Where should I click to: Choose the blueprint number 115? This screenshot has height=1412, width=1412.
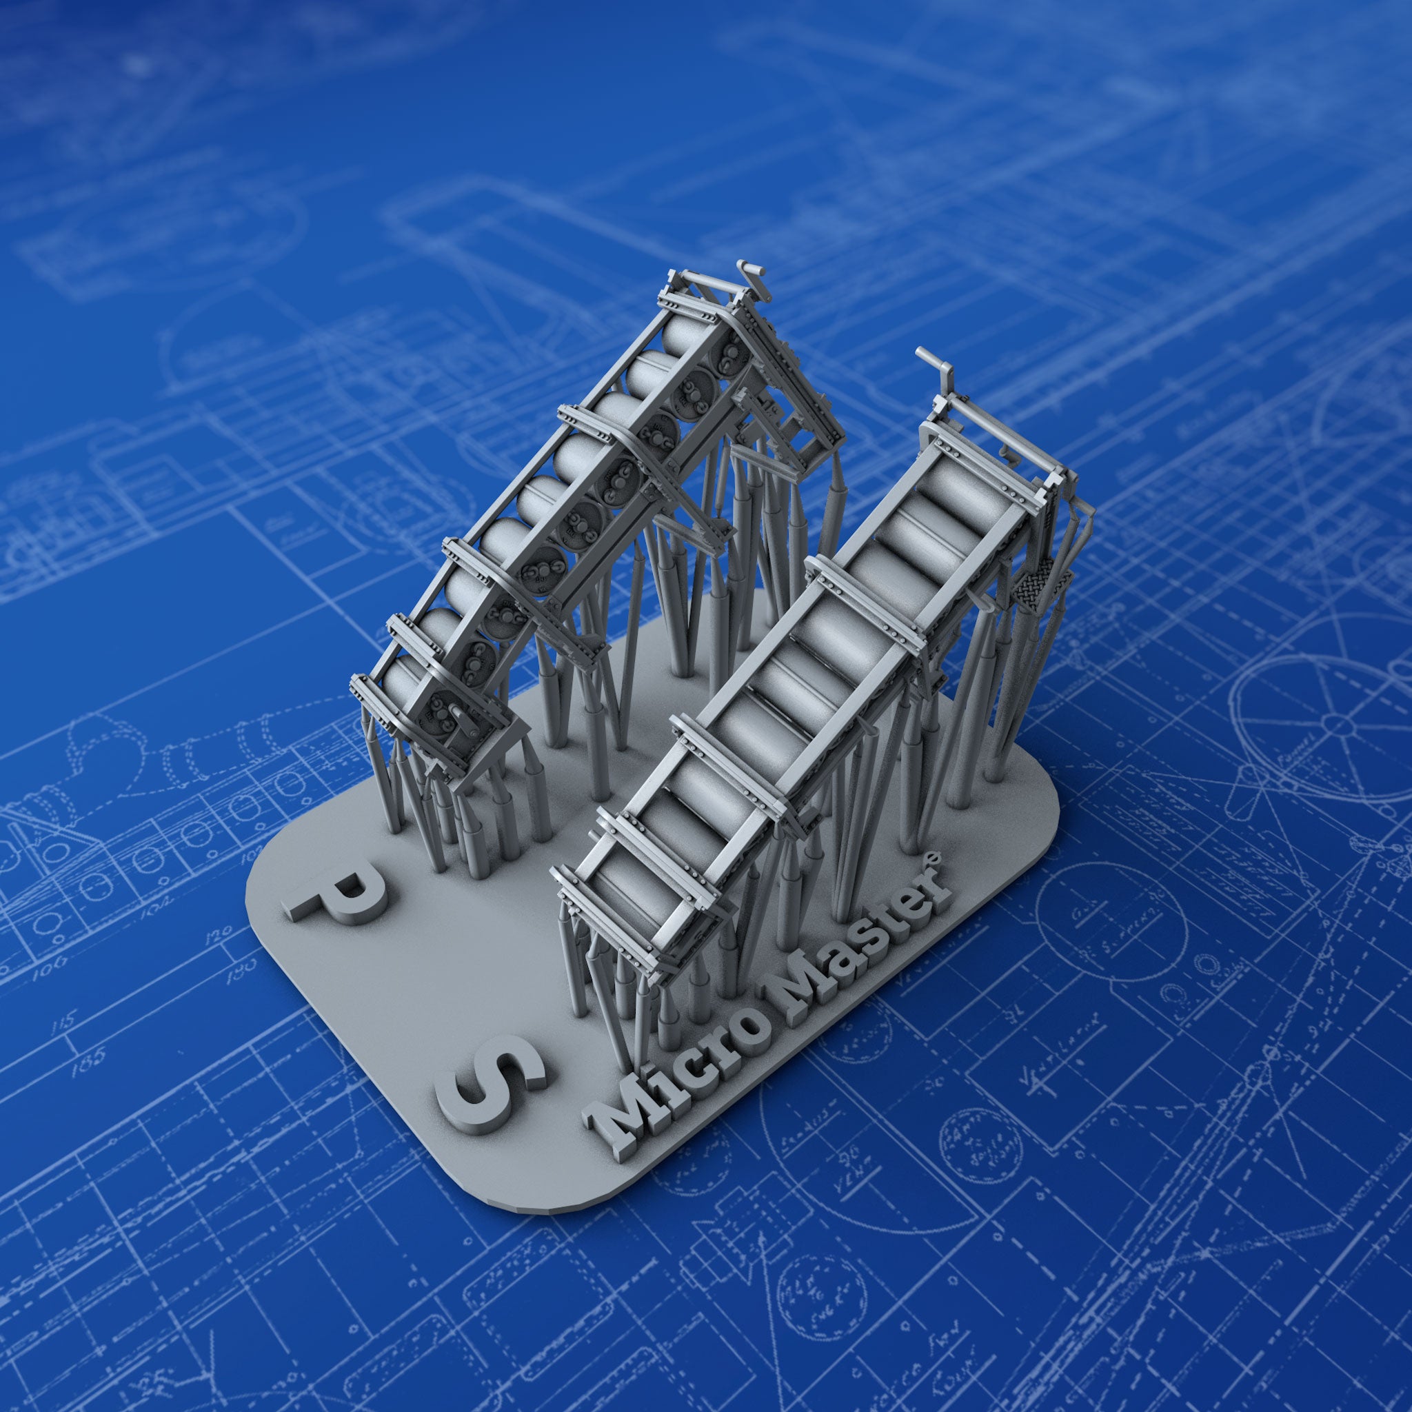point(70,1020)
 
